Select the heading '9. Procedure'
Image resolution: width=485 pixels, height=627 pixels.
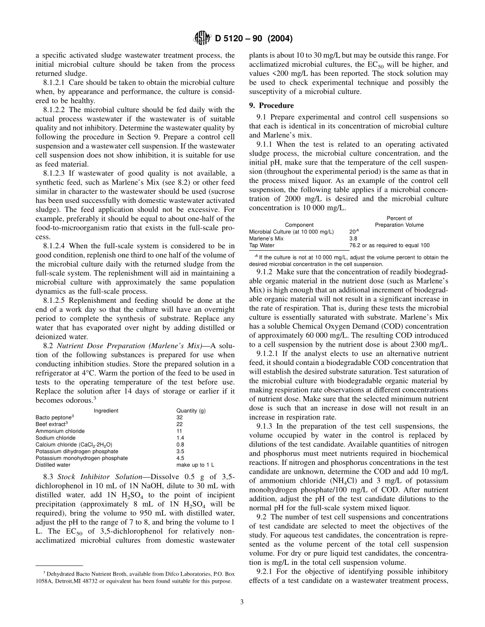tap(278, 106)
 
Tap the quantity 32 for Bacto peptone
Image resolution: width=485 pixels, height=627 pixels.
tap(179, 417)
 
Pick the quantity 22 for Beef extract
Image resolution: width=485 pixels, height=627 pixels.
tap(179, 424)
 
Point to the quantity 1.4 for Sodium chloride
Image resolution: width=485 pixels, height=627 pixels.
tap(180, 438)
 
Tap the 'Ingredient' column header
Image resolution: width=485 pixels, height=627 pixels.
tap(106, 410)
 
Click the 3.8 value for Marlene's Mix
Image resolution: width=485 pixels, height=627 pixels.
tap(353, 238)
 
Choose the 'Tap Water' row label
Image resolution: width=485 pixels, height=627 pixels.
tap(261, 245)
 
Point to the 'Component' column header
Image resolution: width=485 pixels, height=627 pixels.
tap(299, 225)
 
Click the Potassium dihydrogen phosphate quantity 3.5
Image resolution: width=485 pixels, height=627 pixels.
tap(180, 451)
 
